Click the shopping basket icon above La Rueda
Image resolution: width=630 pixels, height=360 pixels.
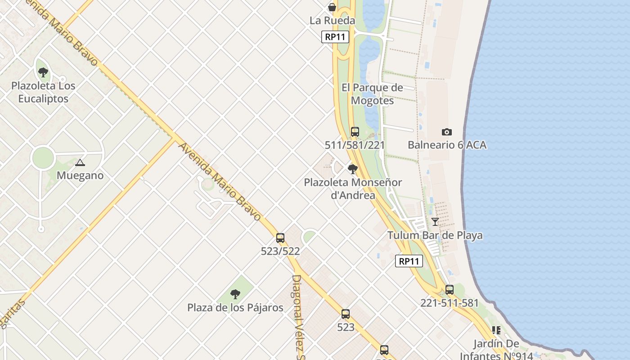tap(332, 7)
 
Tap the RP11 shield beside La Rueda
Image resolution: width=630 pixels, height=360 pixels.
tap(335, 37)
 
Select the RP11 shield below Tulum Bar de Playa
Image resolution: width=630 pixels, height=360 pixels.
tap(409, 261)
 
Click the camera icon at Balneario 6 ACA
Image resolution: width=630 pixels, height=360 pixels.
tap(446, 132)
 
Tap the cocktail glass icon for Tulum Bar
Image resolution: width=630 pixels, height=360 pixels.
tap(435, 221)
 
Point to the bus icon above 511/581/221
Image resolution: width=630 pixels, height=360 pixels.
tap(355, 132)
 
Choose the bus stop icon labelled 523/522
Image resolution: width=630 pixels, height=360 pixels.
tap(280, 238)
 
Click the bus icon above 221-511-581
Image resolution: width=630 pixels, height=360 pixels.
tap(449, 290)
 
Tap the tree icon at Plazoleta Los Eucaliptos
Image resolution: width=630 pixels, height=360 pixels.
tap(43, 72)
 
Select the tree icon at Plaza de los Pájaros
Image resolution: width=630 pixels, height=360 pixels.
tap(235, 294)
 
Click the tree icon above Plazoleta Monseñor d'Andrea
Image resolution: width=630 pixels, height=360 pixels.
tap(353, 169)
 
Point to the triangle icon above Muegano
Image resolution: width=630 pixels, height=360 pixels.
tap(80, 162)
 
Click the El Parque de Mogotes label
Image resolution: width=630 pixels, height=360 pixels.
tap(372, 94)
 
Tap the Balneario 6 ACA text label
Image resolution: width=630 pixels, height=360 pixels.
tap(447, 145)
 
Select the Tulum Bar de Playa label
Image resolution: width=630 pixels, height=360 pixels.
tap(435, 235)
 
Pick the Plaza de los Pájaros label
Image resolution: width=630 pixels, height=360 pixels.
tap(235, 308)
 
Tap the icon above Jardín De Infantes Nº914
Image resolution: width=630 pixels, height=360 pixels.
tap(496, 330)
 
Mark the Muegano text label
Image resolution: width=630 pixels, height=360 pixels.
tap(80, 175)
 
